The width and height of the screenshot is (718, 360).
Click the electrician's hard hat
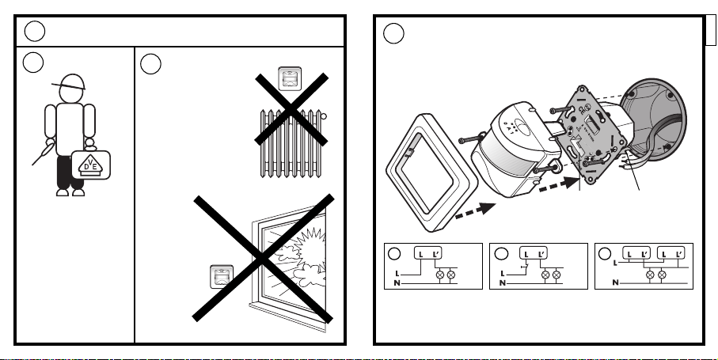coord(71,81)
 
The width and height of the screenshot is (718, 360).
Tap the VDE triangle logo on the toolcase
coord(91,165)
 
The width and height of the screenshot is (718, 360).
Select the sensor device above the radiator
coord(290,78)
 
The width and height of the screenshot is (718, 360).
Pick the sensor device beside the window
coord(222,277)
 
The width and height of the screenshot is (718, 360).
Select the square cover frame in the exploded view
coord(431,172)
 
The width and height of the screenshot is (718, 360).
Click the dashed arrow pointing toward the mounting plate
coord(560,184)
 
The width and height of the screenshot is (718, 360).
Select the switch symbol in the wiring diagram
coord(526,267)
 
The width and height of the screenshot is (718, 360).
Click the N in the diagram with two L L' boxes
coord(615,282)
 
